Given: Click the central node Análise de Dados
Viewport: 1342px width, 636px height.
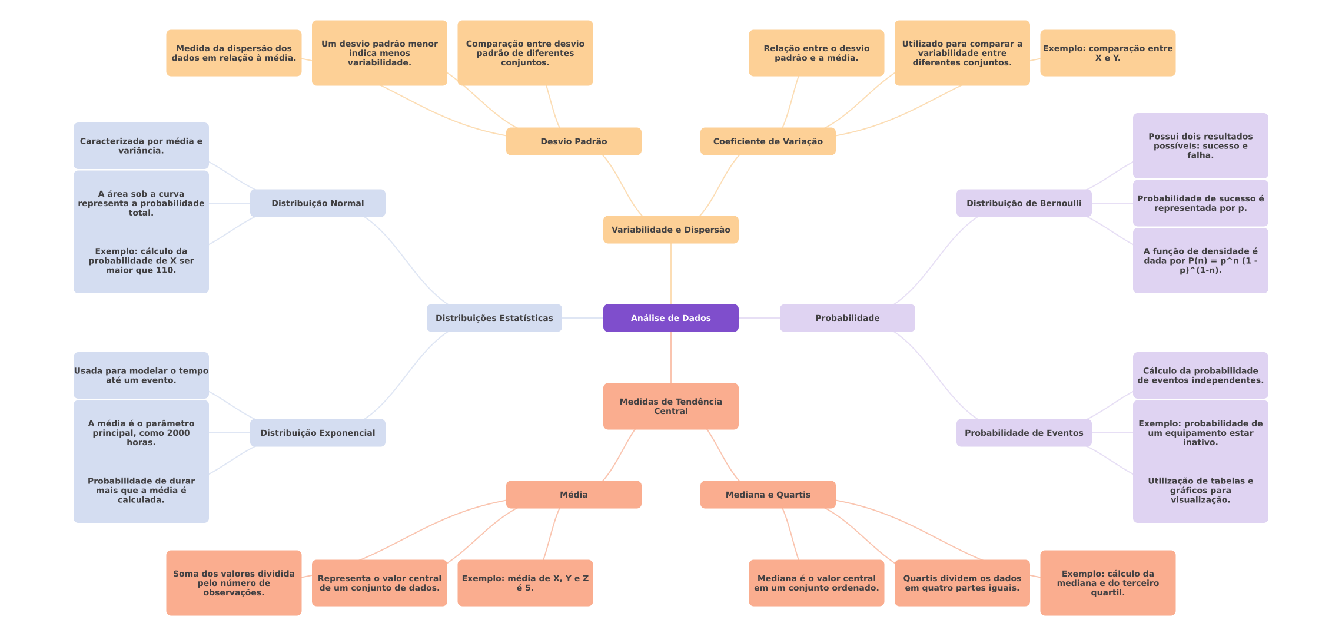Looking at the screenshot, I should [670, 318].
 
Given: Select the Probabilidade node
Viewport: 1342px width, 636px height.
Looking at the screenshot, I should [847, 318].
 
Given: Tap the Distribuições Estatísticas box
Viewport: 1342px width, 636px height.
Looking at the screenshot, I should [494, 318].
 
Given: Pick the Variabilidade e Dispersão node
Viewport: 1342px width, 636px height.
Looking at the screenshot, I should [670, 230].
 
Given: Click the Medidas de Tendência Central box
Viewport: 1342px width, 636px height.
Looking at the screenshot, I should [670, 406].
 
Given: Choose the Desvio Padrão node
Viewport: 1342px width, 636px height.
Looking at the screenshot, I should [573, 141].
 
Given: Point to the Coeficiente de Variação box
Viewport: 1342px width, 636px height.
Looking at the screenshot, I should [768, 141].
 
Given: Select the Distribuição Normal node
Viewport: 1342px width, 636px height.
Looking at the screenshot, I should [317, 203].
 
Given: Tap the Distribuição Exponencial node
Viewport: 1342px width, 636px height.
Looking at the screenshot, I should [317, 433].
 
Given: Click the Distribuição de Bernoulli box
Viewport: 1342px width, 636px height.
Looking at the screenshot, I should [1024, 203].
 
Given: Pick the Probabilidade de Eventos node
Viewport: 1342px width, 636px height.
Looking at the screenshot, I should [1024, 433].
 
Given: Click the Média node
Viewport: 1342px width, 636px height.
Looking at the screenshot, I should [573, 495].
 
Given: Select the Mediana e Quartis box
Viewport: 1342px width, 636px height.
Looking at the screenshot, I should [768, 495].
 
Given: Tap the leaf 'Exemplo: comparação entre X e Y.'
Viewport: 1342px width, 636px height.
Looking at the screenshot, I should [1107, 53].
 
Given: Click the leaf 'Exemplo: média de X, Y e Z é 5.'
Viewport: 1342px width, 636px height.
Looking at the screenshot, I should [525, 583].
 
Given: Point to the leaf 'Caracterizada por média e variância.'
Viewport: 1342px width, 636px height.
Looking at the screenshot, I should [141, 145].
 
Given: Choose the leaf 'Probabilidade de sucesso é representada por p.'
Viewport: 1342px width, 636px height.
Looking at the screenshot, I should [1200, 203].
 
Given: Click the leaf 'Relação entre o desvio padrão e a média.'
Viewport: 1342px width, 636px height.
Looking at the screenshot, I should [816, 53].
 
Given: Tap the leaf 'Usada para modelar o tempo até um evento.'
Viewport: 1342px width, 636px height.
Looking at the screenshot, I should [141, 375].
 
